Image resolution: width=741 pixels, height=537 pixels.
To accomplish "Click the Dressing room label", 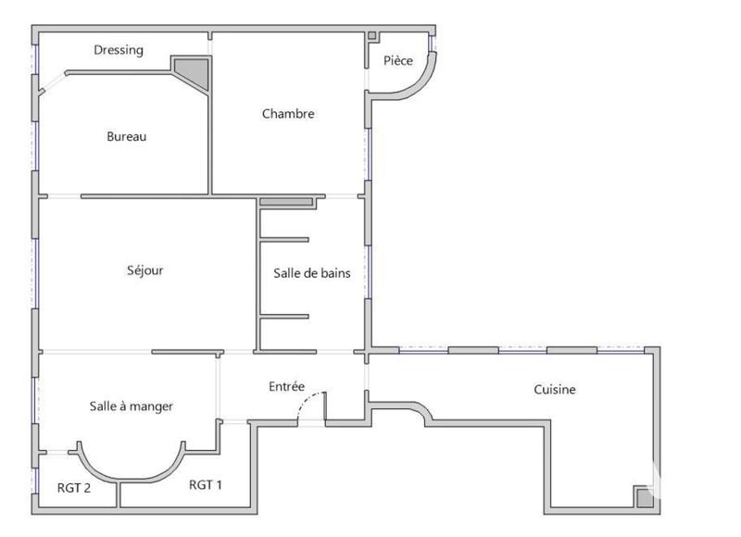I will pos(119,50).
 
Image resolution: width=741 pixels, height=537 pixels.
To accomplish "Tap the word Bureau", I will pos(127,136).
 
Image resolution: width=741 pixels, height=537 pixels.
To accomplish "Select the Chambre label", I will pos(288,114).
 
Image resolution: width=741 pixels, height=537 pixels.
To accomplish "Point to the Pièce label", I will pos(398,61).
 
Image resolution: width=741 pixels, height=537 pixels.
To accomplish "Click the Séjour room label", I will pos(145,270).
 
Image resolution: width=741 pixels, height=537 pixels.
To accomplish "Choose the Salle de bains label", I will pos(311,273).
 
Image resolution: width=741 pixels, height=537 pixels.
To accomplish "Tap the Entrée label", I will pos(287,386).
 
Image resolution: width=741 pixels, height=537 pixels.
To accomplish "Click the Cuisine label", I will pos(555,390).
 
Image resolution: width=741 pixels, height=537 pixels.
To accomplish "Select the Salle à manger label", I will pos(132,406).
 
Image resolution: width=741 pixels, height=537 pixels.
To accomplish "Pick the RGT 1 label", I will pos(206,484).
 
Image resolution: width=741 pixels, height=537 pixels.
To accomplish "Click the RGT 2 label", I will pos(73,489).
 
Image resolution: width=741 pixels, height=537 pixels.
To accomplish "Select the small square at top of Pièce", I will pos(372,36).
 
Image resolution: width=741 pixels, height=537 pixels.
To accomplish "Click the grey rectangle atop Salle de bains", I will pos(287,202).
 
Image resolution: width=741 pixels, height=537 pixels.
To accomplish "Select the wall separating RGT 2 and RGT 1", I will pos(118,494).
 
